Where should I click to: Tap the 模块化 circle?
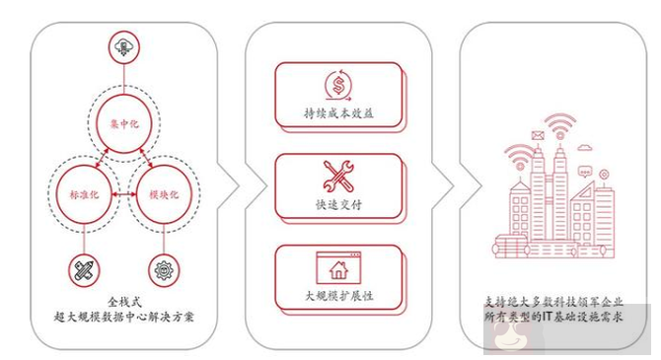tap(164, 197)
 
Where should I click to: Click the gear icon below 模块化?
tap(163, 268)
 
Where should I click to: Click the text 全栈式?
tap(125, 299)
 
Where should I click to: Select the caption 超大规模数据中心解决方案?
tap(125, 317)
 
